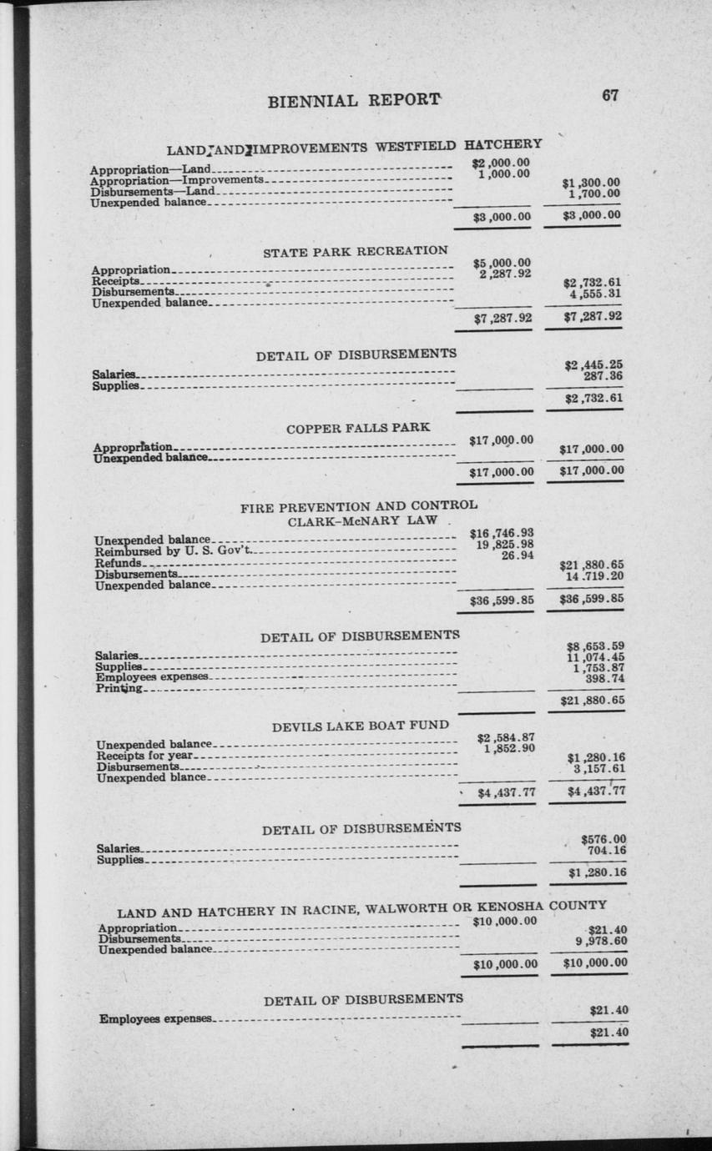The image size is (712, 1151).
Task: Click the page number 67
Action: pyautogui.click(x=610, y=95)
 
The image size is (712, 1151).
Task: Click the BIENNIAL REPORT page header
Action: pyautogui.click(x=354, y=101)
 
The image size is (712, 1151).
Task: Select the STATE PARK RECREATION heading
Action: pyautogui.click(x=356, y=250)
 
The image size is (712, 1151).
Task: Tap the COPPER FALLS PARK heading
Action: pyautogui.click(x=358, y=428)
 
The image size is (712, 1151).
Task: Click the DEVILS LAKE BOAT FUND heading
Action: pyautogui.click(x=361, y=726)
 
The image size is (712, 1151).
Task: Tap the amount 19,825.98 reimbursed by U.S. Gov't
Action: pyautogui.click(x=502, y=545)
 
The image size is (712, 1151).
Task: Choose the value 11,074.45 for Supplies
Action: pyautogui.click(x=596, y=656)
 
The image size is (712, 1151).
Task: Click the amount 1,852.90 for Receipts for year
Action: pyautogui.click(x=508, y=748)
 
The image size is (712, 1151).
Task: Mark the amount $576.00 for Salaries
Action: pyautogui.click(x=603, y=839)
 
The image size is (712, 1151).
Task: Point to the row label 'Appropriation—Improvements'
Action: pyautogui.click(x=177, y=180)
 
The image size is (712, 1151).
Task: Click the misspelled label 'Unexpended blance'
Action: pyautogui.click(x=151, y=777)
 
